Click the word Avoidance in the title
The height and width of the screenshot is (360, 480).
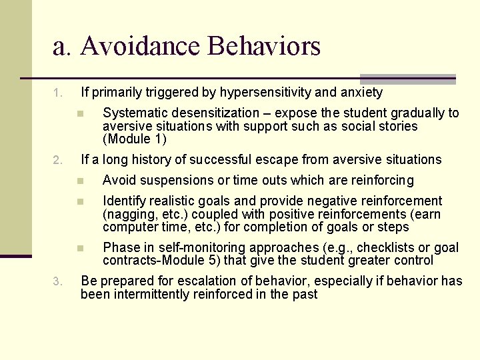tap(141, 47)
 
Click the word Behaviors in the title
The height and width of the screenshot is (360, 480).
tap(264, 47)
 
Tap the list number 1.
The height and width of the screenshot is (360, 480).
tap(58, 93)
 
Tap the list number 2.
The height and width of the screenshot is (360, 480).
tap(58, 160)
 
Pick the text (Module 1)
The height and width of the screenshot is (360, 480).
tap(135, 139)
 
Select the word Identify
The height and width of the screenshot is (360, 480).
tap(124, 201)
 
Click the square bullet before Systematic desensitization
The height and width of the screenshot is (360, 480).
tap(79, 113)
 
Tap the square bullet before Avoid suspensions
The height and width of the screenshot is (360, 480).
tap(79, 181)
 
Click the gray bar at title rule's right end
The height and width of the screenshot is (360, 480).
tap(407, 79)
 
